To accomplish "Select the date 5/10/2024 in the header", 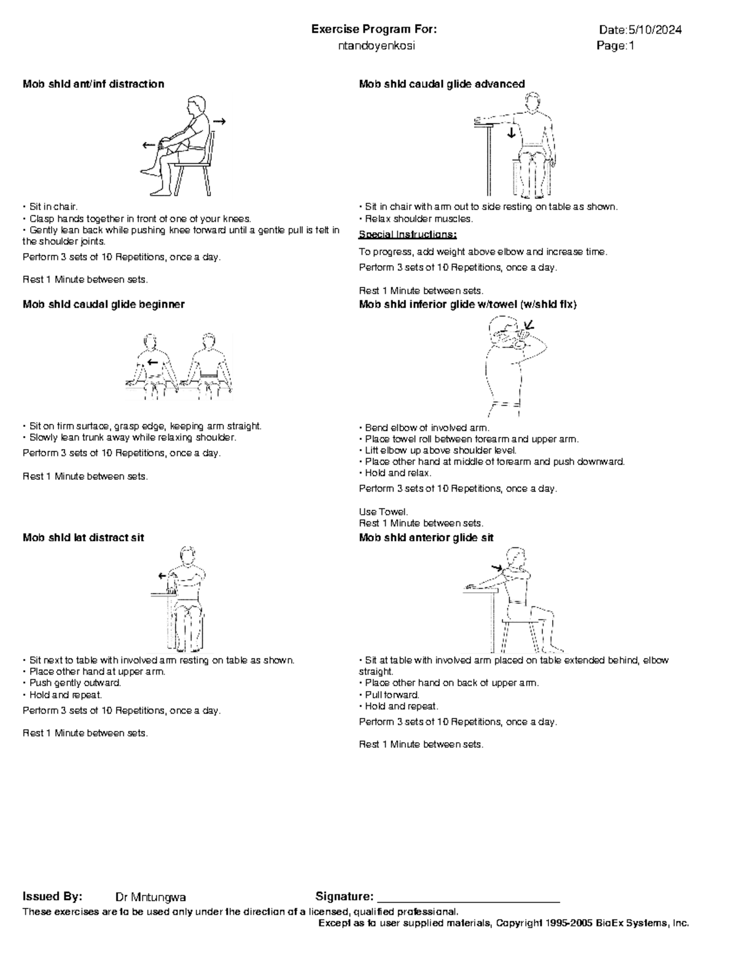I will pos(654,30).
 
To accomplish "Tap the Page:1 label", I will pos(615,46).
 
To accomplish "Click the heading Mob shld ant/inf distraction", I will pos(93,84).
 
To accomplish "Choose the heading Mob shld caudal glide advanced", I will pos(442,84).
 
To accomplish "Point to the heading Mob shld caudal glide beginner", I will pos(103,304).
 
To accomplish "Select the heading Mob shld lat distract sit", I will pos(83,538).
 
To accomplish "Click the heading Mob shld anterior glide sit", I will pos(426,538).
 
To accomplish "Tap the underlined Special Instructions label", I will pos(408,235).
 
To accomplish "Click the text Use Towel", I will pos(383,512).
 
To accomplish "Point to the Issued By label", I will pos(52,897).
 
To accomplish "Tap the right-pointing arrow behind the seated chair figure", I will pos(219,122).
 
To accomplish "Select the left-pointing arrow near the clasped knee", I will pos(149,146).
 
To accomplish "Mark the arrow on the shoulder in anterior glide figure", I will pos(497,568).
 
